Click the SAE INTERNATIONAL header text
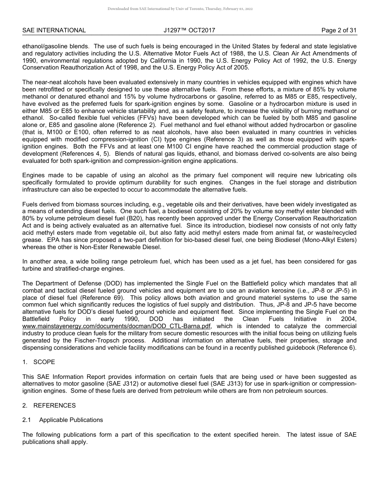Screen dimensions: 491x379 pyautogui.click(x=54, y=30)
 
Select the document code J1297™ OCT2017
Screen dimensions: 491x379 pyautogui.click(x=189, y=30)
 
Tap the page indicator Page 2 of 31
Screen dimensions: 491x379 pyautogui.click(x=339, y=30)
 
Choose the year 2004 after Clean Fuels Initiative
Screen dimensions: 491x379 pyautogui.click(x=348, y=319)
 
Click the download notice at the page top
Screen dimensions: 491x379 pyautogui.click(x=180, y=9)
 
